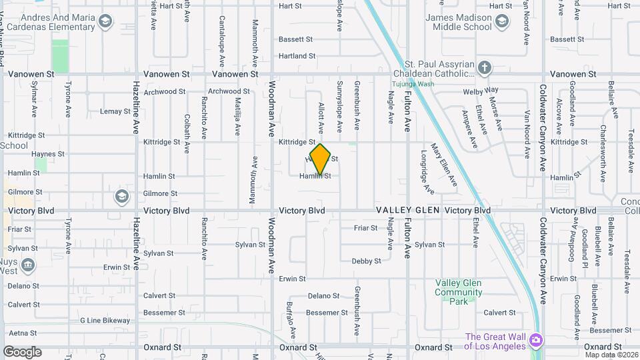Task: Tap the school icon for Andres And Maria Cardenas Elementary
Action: click(105, 22)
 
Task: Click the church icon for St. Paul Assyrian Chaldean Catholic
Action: click(485, 67)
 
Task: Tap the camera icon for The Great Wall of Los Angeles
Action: click(536, 341)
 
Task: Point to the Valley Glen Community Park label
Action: click(459, 292)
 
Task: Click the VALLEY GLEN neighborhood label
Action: click(407, 210)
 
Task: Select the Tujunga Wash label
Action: click(412, 84)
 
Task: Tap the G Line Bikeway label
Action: click(105, 321)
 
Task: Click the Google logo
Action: click(22, 352)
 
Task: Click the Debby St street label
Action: click(366, 261)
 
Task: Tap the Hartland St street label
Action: click(297, 56)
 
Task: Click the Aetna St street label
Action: click(23, 333)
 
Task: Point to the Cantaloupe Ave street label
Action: click(222, 39)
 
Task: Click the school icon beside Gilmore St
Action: click(121, 196)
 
